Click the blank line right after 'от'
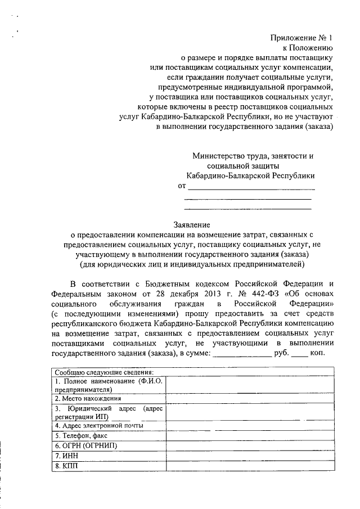[251, 187]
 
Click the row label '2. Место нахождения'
[85, 398]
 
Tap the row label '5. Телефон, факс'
[79, 435]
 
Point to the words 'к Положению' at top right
[313, 48]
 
